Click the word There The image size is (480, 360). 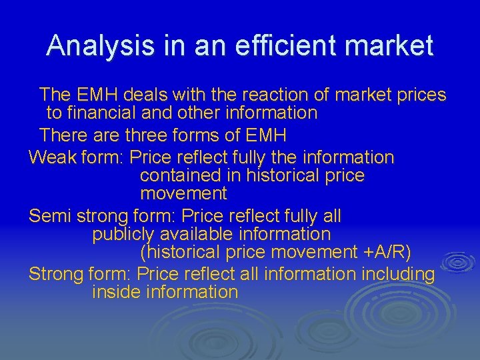[x=61, y=135]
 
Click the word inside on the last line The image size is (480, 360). [x=117, y=292]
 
